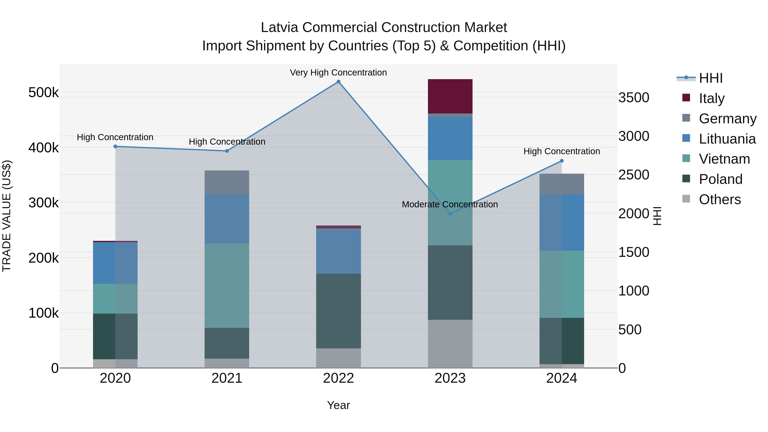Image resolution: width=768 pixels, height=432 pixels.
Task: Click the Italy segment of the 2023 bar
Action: click(450, 96)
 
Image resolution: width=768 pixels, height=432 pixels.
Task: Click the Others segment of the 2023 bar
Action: click(450, 343)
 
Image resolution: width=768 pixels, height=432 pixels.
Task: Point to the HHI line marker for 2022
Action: click(338, 82)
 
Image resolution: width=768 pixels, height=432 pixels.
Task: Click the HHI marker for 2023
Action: click(450, 214)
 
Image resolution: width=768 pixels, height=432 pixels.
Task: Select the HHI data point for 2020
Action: click(115, 146)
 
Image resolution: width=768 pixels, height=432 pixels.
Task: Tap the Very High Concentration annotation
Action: click(338, 73)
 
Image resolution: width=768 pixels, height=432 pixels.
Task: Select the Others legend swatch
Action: click(686, 199)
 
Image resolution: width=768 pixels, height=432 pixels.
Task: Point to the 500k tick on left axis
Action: click(44, 93)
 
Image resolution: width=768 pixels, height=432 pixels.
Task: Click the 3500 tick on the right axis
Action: click(634, 97)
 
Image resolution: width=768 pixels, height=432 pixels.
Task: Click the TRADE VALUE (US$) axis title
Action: click(7, 216)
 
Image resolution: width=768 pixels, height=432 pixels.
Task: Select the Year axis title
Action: click(338, 405)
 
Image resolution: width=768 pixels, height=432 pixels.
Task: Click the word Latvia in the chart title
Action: click(279, 28)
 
